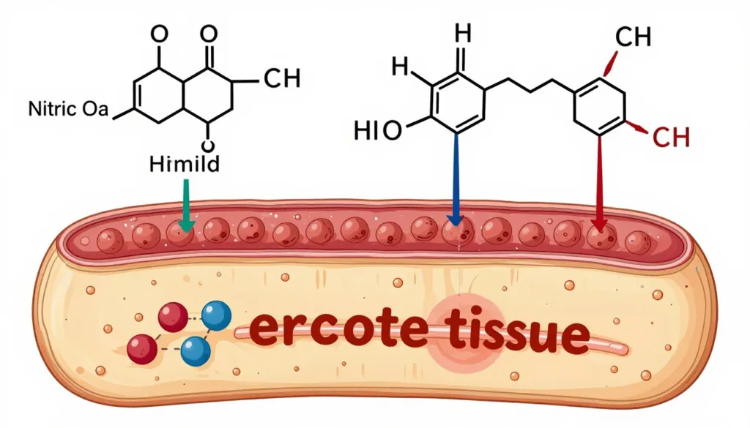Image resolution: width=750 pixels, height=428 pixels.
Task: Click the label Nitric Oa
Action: click(x=68, y=109)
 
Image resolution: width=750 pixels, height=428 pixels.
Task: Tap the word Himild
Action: click(x=185, y=165)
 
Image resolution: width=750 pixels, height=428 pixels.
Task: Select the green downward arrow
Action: click(x=186, y=206)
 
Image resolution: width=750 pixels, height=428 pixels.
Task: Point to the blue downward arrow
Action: click(x=455, y=180)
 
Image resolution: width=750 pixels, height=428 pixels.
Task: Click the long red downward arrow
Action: click(x=599, y=183)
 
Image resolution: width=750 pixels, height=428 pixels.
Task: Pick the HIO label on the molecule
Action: click(x=378, y=130)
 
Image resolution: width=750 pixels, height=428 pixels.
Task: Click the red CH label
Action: click(x=671, y=138)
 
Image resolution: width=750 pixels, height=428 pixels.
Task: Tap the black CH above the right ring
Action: click(x=634, y=37)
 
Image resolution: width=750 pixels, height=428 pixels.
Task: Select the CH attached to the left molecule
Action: click(x=282, y=78)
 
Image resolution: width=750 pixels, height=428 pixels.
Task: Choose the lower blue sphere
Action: click(x=195, y=351)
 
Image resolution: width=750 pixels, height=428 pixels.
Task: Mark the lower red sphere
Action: click(x=142, y=349)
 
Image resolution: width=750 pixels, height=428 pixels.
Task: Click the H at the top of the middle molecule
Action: click(x=463, y=34)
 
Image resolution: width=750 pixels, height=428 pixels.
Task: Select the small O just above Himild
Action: click(x=208, y=146)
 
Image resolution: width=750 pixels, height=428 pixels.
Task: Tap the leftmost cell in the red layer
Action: click(x=110, y=240)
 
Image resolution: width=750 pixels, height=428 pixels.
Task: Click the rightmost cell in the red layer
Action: click(x=638, y=241)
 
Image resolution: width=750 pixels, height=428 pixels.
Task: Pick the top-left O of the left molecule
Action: click(x=159, y=34)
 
